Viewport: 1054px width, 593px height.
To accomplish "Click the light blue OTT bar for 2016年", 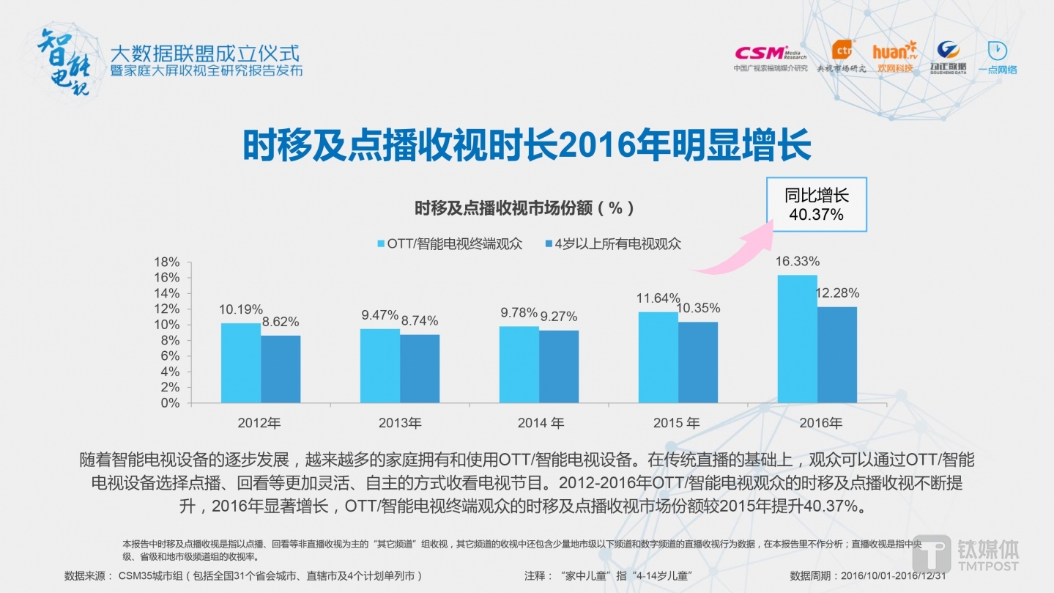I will pos(797,339).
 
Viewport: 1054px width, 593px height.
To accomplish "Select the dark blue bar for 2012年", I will pos(281,369).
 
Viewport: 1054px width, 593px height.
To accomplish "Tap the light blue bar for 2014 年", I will pos(519,364).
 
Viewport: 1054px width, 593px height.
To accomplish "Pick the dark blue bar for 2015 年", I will pos(697,362).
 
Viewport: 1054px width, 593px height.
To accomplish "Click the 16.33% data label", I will pos(797,262).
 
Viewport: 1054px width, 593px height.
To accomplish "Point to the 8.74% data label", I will pos(420,320).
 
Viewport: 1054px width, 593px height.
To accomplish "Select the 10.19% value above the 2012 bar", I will pos(241,309).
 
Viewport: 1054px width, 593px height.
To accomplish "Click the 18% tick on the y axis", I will pos(166,262).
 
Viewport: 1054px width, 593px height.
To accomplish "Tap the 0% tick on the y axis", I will pos(170,402).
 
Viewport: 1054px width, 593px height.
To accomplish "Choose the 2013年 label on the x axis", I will pos(400,423).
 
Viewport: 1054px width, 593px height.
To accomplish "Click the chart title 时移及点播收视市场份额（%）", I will pos(524,208).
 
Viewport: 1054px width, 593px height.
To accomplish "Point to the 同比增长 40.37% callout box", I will pos(816,205).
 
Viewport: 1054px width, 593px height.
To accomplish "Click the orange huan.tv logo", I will pos(894,56).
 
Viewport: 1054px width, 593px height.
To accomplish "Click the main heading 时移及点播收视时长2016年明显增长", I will pos(527,146).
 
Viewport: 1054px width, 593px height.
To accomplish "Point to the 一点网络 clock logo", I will pos(997,57).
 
